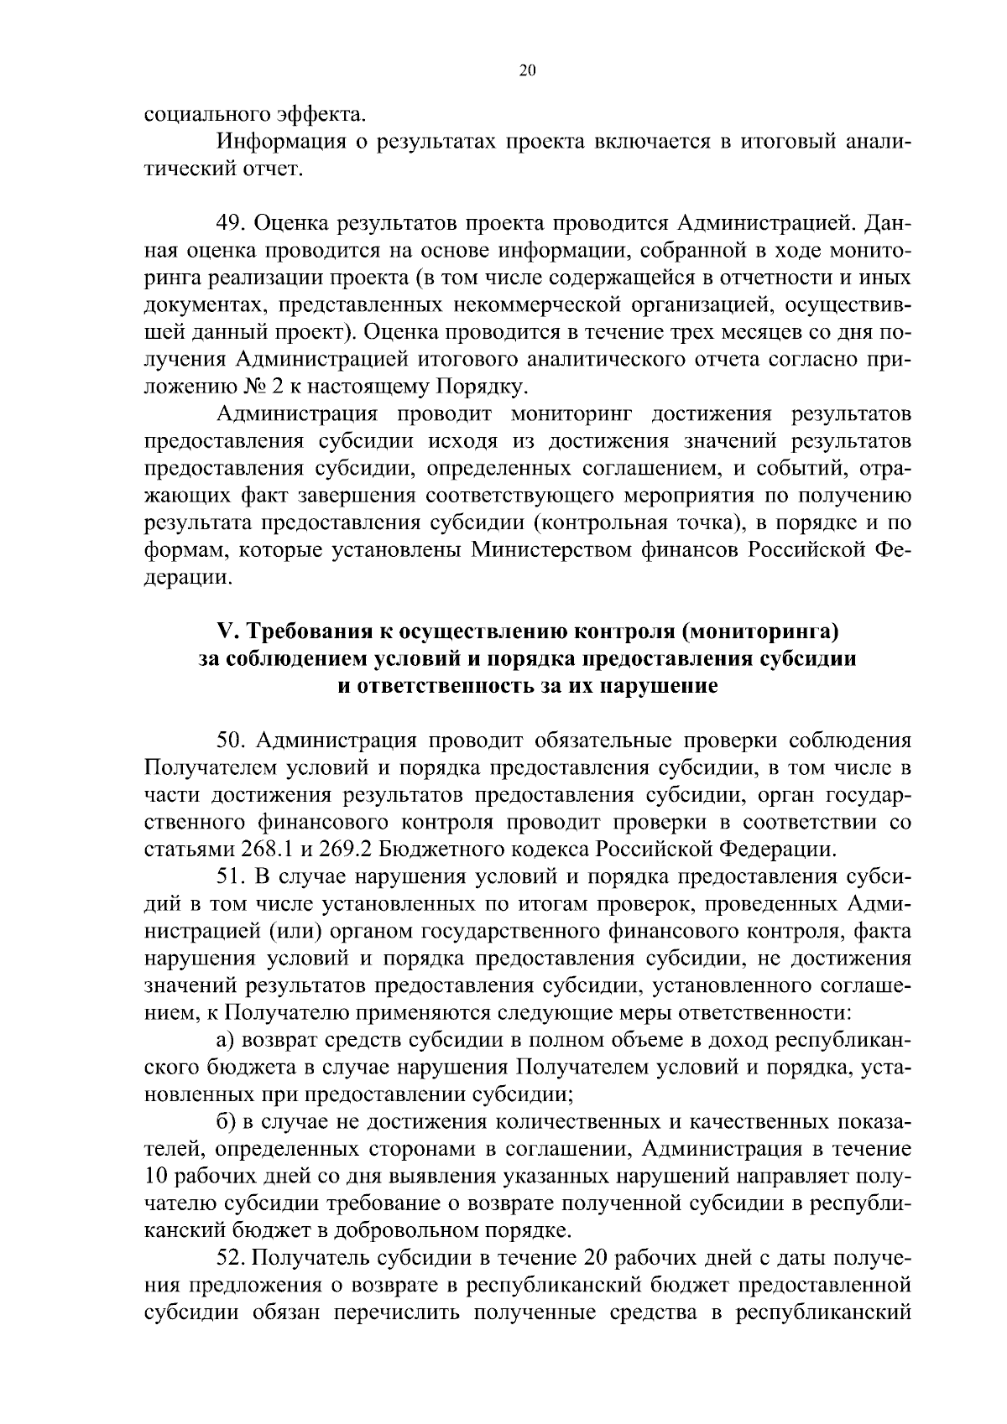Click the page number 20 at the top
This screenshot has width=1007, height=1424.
pyautogui.click(x=527, y=70)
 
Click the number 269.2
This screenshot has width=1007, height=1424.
pyautogui.click(x=343, y=849)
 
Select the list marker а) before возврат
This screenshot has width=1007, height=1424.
pyautogui.click(x=225, y=1041)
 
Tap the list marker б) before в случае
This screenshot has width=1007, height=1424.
pyautogui.click(x=225, y=1122)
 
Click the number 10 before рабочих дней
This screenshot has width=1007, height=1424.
pyautogui.click(x=158, y=1177)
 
